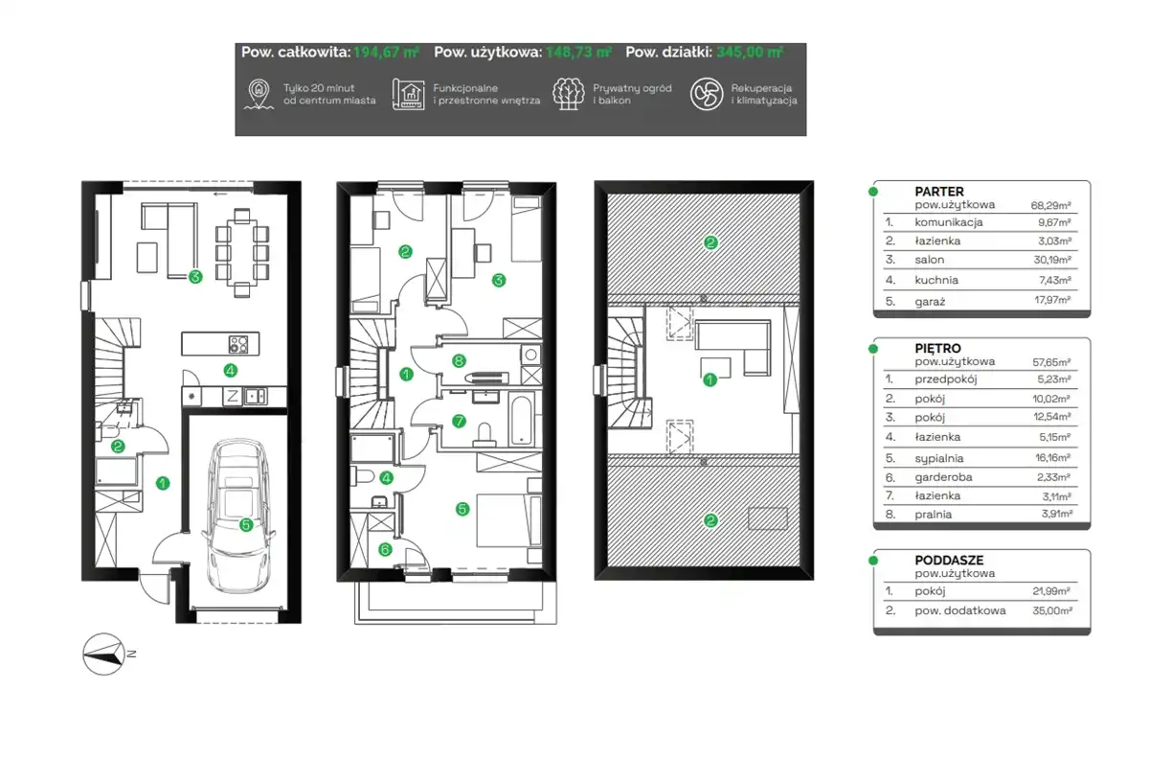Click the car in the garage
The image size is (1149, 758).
coord(239,516)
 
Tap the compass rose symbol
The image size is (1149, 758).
coord(104,654)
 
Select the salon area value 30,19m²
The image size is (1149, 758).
coord(1052,260)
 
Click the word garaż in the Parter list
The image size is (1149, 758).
coord(930,301)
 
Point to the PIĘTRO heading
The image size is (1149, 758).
coord(937,348)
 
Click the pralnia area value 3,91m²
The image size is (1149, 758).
coord(1057,514)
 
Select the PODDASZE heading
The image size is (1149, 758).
coord(949,560)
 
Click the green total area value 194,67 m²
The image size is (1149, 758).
coord(386,53)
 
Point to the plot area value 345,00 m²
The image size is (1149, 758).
coord(750,53)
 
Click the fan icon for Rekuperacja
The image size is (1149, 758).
coord(707,94)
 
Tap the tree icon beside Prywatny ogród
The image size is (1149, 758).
coord(569,94)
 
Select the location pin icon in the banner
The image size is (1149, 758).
coord(259,94)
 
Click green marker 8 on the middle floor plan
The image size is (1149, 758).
coord(459,360)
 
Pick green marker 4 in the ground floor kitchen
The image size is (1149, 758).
coord(231,370)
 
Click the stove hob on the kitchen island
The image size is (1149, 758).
coord(238,344)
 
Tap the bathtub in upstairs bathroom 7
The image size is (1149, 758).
coord(521,420)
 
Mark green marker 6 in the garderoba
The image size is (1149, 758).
coord(385,550)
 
